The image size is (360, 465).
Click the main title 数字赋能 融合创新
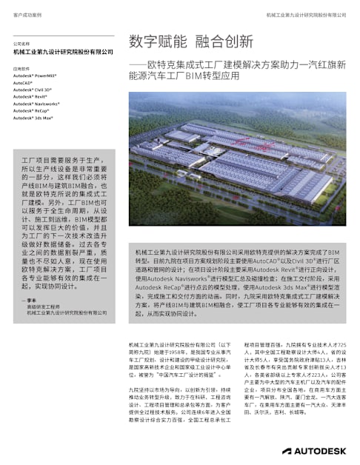(x=190, y=41)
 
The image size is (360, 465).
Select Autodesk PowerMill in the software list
(x=35, y=76)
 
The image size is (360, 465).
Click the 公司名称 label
(x=21, y=44)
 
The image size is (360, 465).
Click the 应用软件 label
(x=21, y=68)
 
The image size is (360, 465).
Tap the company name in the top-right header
(x=306, y=15)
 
